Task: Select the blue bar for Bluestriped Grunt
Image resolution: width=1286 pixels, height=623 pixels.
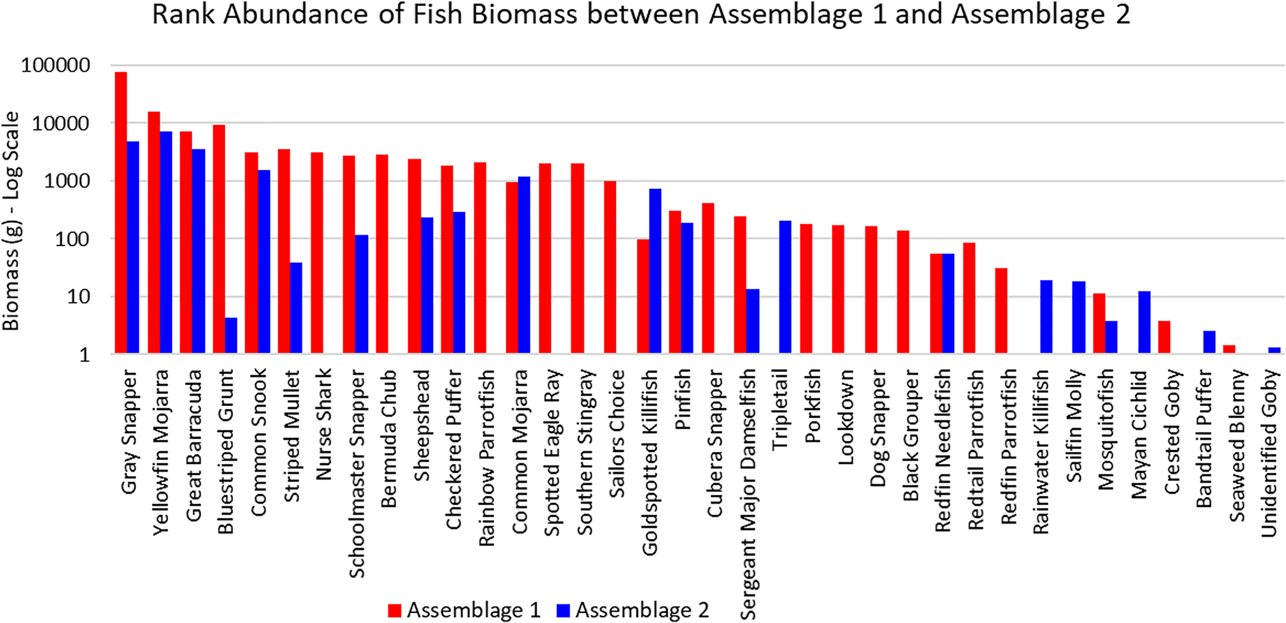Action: tap(231, 335)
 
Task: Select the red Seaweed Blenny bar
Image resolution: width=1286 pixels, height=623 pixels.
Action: tap(1229, 349)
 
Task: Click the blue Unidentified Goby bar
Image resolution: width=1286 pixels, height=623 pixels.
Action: tap(1274, 350)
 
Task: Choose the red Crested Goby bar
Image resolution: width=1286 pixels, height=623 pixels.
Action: tap(1164, 337)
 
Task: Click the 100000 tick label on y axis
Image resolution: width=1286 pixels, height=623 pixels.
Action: tap(56, 65)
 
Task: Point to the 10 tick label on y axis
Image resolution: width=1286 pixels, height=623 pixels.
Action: tap(78, 297)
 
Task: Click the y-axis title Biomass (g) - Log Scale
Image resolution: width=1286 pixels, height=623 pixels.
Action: tap(11, 221)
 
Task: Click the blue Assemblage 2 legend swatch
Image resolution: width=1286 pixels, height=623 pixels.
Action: tap(563, 610)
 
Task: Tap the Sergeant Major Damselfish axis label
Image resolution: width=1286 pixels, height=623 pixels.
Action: tap(748, 494)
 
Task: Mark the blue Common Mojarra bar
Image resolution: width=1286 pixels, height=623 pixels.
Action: tap(524, 265)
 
